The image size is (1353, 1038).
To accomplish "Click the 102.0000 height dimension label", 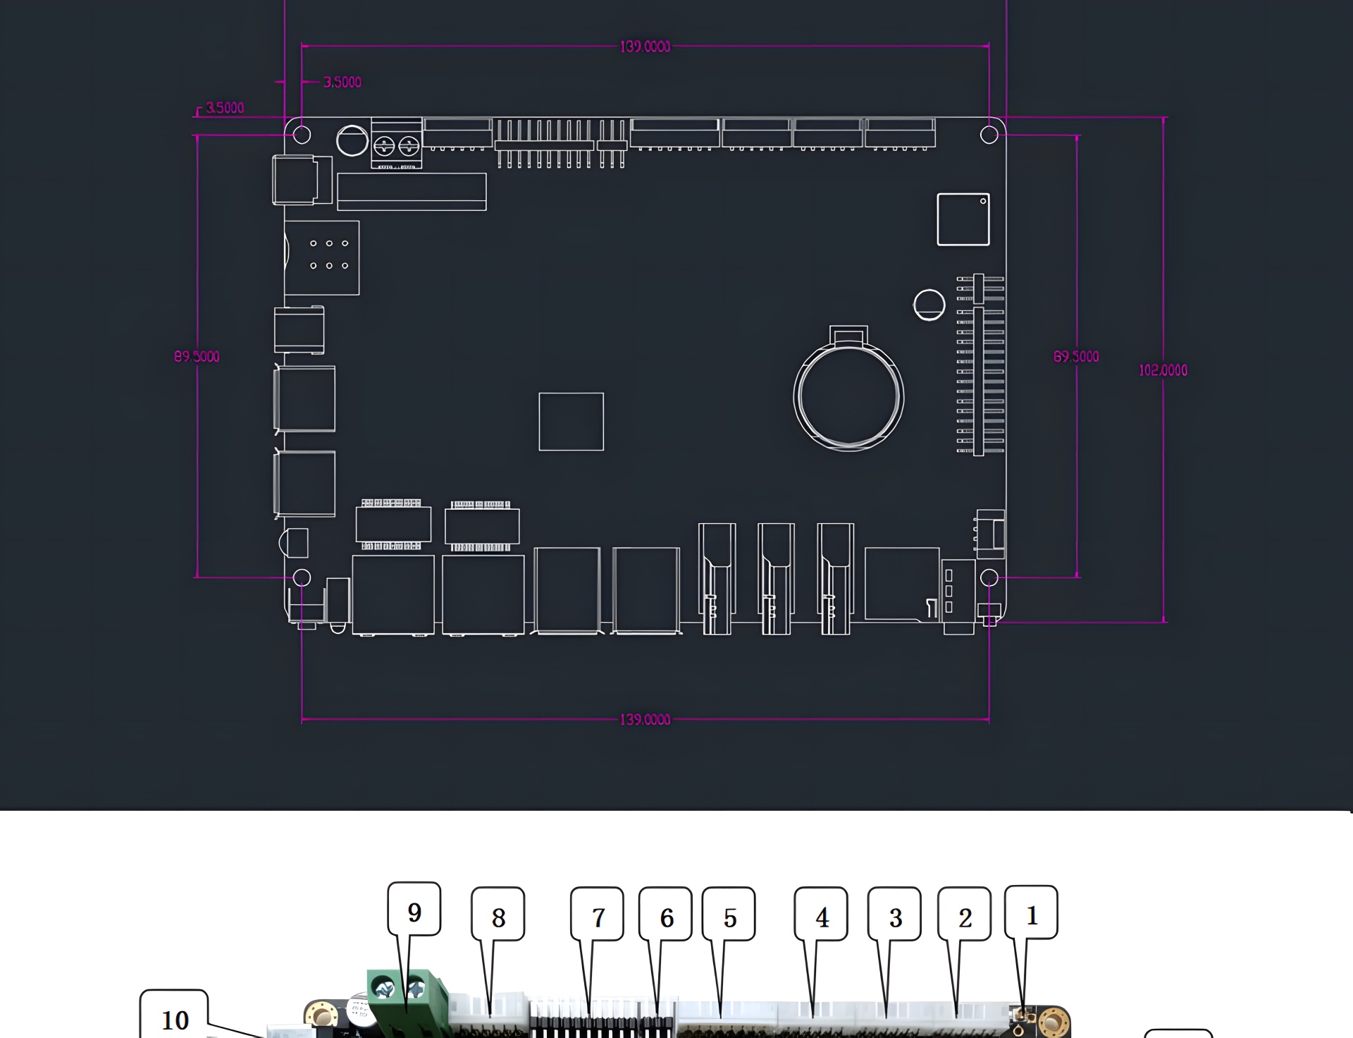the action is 1163,370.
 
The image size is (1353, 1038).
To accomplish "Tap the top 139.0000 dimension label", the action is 645,47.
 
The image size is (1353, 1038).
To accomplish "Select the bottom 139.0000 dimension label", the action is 645,719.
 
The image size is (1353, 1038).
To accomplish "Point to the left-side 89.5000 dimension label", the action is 197,356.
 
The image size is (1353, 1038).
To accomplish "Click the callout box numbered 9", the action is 414,908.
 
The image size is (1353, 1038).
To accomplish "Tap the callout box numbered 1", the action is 1031,912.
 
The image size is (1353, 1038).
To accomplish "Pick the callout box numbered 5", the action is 729,914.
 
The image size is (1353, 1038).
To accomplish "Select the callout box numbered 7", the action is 598,914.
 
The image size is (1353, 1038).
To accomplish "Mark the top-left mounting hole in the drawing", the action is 302,135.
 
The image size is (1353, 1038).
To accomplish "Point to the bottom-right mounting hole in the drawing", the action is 989,578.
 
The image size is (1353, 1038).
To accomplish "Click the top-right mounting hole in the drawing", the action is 989,135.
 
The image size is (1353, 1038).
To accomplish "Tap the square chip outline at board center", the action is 572,422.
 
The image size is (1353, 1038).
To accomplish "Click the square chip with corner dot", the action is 963,219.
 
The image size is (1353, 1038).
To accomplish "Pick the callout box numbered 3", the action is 895,914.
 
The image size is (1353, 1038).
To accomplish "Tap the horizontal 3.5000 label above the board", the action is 342,83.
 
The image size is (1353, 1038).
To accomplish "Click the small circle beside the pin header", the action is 929,305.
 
